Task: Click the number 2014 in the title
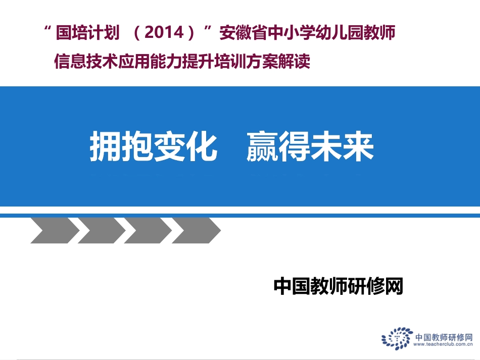(162, 34)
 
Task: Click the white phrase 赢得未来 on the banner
(310, 147)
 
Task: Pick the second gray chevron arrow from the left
(101, 231)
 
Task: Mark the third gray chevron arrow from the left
(148, 231)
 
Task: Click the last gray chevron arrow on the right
(195, 231)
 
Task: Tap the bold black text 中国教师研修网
(338, 286)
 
